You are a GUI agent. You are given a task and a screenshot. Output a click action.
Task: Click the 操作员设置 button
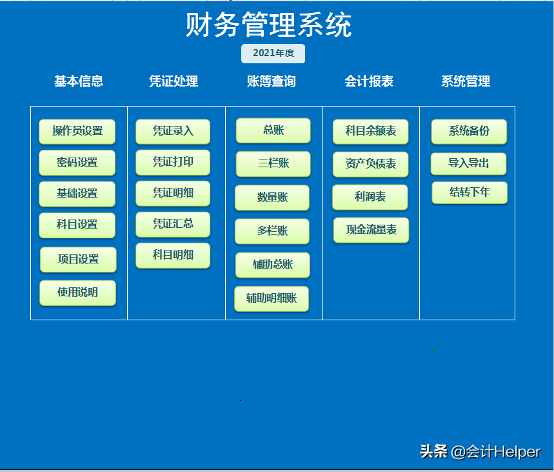[x=77, y=131]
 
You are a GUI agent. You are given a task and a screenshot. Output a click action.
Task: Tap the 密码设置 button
[x=77, y=163]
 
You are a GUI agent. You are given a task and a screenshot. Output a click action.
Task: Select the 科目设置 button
[x=77, y=225]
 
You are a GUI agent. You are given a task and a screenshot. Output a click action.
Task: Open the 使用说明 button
[x=77, y=292]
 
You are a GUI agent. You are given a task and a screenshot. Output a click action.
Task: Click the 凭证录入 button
[x=173, y=131]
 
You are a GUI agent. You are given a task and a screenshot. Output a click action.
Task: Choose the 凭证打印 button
[x=173, y=162]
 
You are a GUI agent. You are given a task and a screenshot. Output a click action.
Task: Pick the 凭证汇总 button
[x=173, y=224]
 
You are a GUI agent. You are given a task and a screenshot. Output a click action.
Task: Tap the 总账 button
[x=273, y=130]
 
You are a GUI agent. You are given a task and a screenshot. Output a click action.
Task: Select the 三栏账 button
[x=273, y=164]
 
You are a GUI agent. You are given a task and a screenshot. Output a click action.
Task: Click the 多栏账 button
[x=272, y=231]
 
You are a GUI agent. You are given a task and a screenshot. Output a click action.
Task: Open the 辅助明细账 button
[x=272, y=299]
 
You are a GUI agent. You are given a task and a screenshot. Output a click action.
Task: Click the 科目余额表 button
[x=371, y=131]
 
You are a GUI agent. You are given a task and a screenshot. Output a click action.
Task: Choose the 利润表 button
[x=370, y=197]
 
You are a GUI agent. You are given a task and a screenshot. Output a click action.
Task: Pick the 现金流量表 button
[x=371, y=230]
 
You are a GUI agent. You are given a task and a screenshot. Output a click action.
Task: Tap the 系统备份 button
[x=469, y=131]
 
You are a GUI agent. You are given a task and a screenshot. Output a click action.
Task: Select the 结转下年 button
[x=470, y=192]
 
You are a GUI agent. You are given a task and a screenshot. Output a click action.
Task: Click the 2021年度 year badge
[x=273, y=54]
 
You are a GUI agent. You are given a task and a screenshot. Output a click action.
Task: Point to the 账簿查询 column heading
[x=272, y=81]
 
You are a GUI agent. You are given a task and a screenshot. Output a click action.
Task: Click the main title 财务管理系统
[x=269, y=26]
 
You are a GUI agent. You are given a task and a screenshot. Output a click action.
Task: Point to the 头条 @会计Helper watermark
[x=480, y=451]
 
